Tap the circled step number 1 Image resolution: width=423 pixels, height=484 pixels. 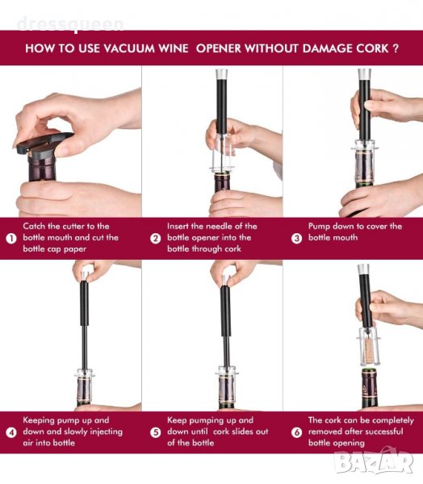coord(11,238)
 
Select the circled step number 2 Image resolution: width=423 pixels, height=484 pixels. coord(156,238)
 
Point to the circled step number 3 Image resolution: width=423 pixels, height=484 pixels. coord(296,238)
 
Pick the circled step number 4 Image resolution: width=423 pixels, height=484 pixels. coord(11,432)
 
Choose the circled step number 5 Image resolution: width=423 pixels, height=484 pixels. coord(156,432)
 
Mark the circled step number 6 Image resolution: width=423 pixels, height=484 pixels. coord(296,432)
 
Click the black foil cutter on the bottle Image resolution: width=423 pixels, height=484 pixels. coord(44,144)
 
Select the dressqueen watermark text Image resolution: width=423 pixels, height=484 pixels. coord(70,24)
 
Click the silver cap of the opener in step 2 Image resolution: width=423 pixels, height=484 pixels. coord(222,74)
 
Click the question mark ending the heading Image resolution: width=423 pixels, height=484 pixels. coord(396,48)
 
